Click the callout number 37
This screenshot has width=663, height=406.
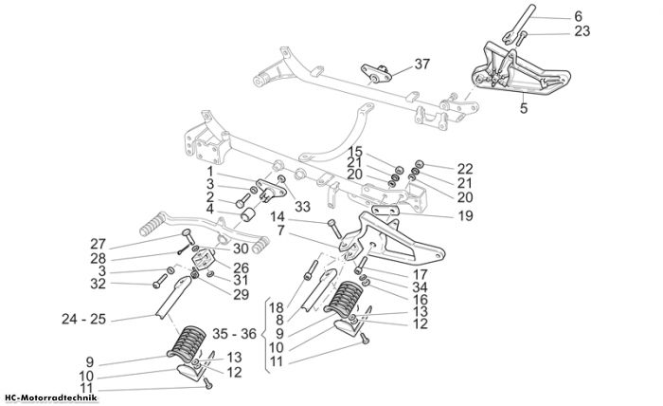tap(422, 65)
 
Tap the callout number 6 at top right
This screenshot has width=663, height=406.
tap(578, 16)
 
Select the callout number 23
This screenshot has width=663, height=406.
tap(582, 31)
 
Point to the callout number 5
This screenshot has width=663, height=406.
tap(524, 108)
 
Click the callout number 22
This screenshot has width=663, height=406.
tap(465, 169)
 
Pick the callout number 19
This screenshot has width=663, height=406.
tap(466, 216)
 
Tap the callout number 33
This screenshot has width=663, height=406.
tap(302, 207)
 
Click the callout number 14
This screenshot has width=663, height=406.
tap(278, 217)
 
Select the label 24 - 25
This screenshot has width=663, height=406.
tap(83, 319)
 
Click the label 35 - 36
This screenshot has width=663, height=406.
tap(234, 334)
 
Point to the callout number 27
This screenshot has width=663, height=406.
tap(98, 245)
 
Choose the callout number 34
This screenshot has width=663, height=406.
tap(420, 287)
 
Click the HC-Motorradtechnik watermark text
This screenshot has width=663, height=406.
tap(51, 398)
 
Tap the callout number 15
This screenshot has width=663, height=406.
tap(355, 152)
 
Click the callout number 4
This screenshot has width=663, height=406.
tap(209, 209)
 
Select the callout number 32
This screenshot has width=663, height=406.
tap(98, 284)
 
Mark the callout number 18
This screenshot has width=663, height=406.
tap(277, 307)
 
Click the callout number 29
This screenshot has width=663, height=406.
tap(241, 294)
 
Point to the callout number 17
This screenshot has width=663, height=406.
tap(420, 274)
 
